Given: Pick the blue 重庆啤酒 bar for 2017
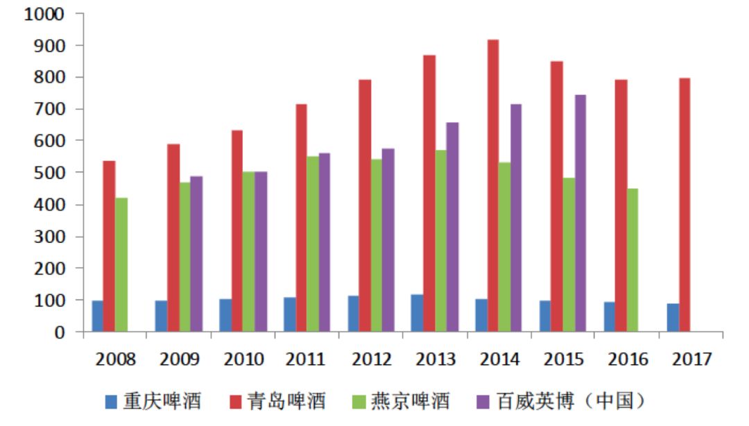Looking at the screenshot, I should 673,318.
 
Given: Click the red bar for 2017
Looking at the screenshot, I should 685,205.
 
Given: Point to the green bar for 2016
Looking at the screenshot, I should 632,260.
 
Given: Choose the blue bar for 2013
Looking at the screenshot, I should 417,314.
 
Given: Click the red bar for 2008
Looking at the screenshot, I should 109,246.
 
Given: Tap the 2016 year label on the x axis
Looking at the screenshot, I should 628,359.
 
